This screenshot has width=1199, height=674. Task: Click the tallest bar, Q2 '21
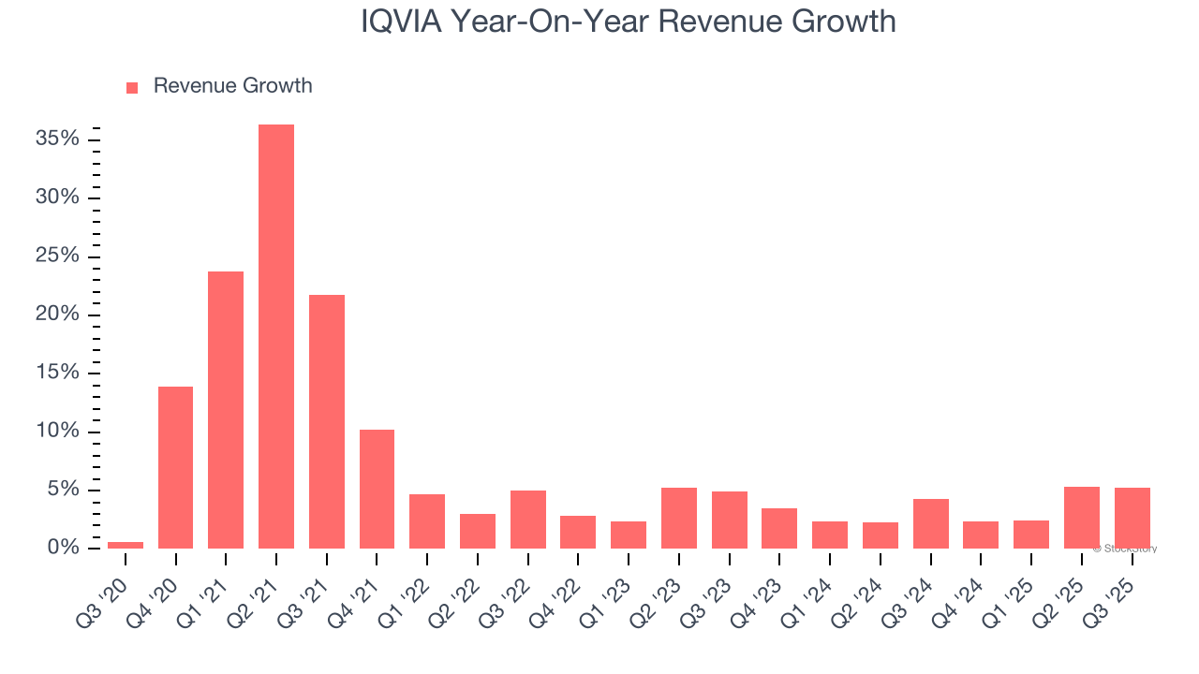[276, 336]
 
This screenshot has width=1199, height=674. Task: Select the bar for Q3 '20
[126, 545]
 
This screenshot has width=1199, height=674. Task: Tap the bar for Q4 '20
[176, 467]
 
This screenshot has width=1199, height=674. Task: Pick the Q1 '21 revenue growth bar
[226, 409]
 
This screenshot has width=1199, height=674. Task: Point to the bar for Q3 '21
[327, 421]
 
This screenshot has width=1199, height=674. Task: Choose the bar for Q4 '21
[377, 489]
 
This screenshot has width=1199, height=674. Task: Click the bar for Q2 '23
[679, 518]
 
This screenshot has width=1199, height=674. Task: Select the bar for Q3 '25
[1132, 518]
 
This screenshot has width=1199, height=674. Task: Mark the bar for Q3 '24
[930, 523]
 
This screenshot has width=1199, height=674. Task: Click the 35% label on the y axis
[58, 139]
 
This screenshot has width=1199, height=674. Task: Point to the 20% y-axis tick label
[58, 315]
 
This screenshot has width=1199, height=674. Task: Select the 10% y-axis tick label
[58, 432]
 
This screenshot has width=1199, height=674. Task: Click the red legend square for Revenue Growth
[132, 88]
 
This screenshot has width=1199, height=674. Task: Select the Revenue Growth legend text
[232, 86]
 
